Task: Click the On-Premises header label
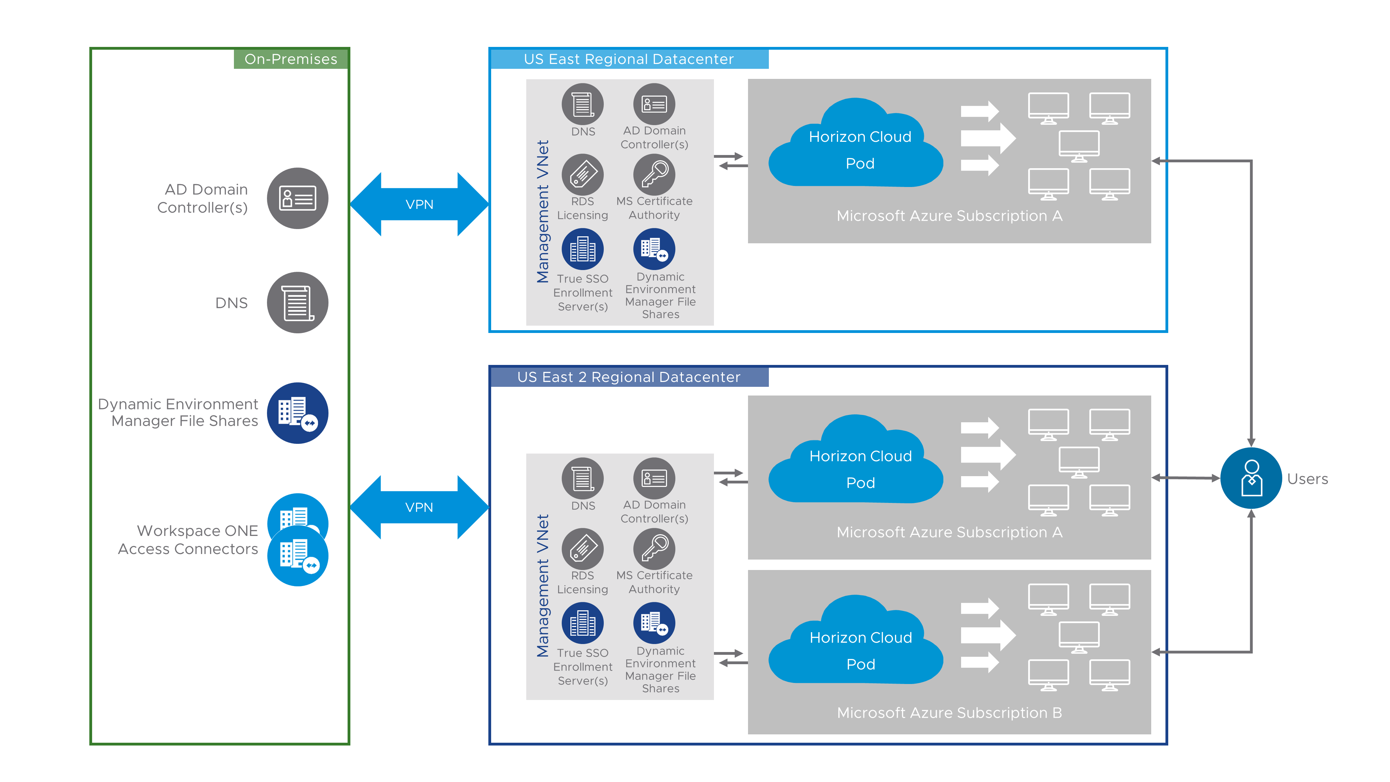[291, 59]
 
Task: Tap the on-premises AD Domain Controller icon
[297, 198]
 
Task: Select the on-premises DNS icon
[297, 302]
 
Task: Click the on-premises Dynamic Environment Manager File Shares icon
[297, 413]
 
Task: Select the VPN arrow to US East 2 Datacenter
[419, 507]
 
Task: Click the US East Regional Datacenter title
[629, 59]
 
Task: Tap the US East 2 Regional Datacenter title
[629, 377]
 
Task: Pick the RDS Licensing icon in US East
[582, 174]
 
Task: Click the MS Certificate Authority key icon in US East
[654, 174]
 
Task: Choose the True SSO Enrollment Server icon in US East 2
[582, 623]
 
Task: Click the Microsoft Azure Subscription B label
[949, 712]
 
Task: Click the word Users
[1307, 479]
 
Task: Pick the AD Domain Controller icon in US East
[654, 104]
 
